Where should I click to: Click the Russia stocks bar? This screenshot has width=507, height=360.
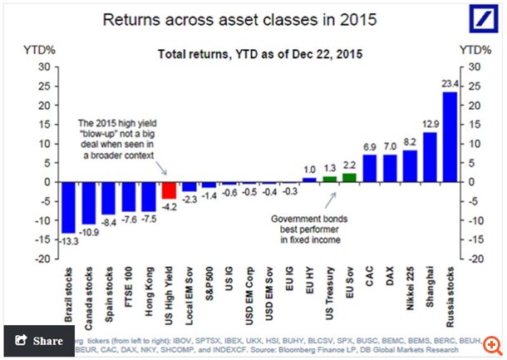449,137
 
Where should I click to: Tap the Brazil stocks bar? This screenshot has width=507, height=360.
69,207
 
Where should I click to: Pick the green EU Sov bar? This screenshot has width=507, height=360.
349,177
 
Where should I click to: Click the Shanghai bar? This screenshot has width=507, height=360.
430,157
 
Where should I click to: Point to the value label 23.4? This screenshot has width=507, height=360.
450,84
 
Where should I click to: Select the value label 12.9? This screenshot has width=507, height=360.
430,124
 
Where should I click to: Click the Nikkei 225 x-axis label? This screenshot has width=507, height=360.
410,287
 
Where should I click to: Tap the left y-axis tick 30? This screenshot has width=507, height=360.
37,67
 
